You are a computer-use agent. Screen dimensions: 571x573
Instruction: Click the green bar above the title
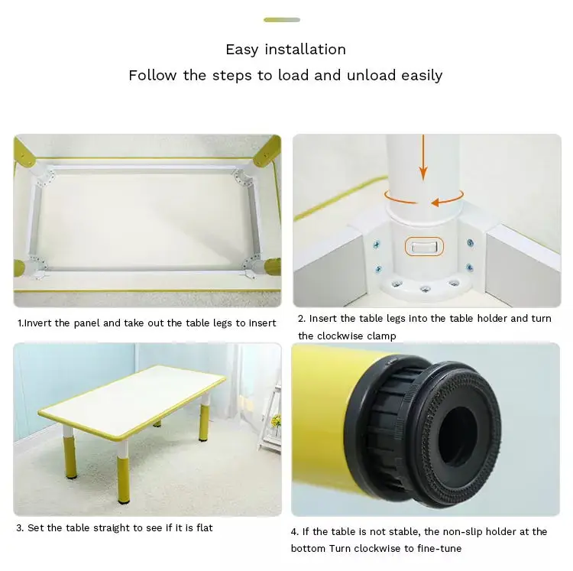282,20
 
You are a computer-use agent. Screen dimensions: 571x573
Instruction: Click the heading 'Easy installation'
286,50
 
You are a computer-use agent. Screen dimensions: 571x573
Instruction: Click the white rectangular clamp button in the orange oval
422,247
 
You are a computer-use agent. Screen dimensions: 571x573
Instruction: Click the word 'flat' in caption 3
202,528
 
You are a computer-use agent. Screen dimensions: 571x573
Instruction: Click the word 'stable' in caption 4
400,531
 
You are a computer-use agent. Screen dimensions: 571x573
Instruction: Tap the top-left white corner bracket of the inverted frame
46,175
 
